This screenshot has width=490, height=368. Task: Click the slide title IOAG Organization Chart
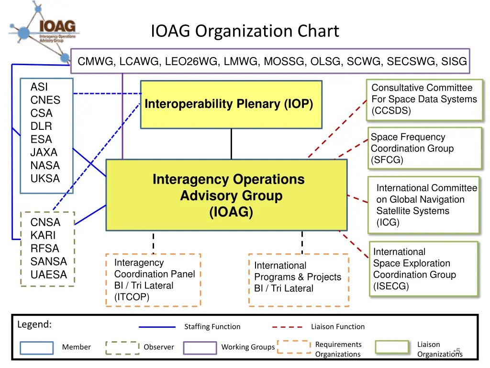(245, 31)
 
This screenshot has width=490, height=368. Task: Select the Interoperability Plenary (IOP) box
(231, 104)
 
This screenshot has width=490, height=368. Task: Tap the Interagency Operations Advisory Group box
(226, 195)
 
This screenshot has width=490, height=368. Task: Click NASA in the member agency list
(45, 166)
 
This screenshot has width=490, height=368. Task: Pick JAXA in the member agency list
(44, 152)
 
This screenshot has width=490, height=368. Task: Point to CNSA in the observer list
(45, 222)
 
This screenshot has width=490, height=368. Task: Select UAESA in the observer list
(49, 275)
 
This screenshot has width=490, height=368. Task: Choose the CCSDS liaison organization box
(424, 99)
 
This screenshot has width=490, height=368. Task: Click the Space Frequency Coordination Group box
(424, 148)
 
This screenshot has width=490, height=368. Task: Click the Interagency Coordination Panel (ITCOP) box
(153, 280)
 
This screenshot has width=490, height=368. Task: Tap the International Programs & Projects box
(298, 280)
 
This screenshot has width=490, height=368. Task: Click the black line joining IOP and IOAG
(231, 144)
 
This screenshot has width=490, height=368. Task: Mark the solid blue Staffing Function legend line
(157, 327)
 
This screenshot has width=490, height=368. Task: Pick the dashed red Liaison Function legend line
(287, 327)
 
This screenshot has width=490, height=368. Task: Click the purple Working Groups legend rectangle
(200, 347)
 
